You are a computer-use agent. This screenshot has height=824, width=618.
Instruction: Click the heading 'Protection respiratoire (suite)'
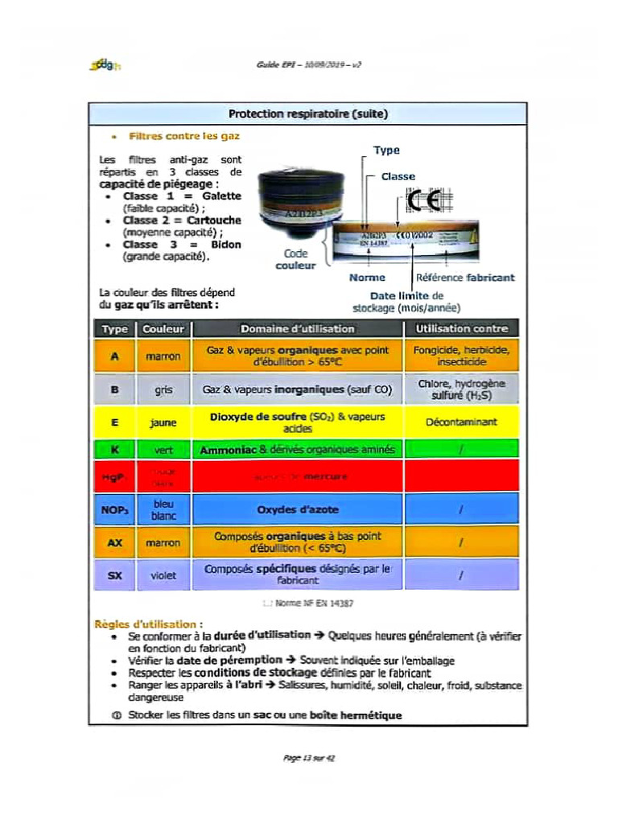(308, 114)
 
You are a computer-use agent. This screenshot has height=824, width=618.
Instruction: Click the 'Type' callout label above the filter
(386, 150)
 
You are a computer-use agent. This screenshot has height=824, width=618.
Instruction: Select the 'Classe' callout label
(398, 176)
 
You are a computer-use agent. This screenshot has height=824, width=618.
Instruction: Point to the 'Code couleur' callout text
(295, 259)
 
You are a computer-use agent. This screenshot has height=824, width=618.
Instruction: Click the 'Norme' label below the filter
(367, 278)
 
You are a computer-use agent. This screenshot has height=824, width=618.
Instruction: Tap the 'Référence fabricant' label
(465, 278)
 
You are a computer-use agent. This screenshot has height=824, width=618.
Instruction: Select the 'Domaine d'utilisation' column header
(297, 328)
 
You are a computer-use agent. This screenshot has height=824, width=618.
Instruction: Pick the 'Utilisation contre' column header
(461, 328)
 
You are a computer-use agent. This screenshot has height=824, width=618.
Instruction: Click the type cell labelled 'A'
(114, 356)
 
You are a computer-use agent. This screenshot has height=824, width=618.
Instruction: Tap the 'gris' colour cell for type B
(163, 389)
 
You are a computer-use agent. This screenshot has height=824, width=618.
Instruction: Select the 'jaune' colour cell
(163, 422)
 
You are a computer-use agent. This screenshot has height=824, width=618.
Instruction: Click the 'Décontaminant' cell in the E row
(461, 422)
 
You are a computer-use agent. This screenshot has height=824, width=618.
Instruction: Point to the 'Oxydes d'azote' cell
(297, 509)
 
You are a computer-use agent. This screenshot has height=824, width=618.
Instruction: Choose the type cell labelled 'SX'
(114, 575)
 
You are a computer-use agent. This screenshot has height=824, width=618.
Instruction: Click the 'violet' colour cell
(163, 575)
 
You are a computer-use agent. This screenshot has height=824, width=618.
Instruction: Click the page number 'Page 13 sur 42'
(308, 758)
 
